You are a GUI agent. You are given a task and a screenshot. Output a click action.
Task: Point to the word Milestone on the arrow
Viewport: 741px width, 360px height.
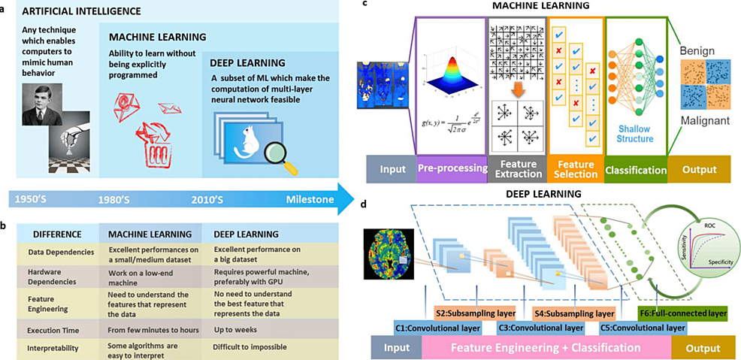(310, 200)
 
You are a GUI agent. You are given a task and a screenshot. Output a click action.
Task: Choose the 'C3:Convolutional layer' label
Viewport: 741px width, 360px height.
(541, 328)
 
